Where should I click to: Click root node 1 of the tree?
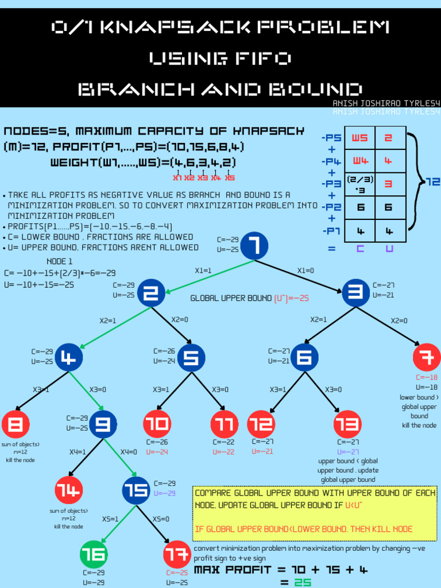click(254, 246)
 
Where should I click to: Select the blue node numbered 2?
click(151, 293)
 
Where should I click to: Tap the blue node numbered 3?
click(356, 293)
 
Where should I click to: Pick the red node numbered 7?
click(427, 357)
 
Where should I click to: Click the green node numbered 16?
click(94, 554)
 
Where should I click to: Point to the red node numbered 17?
click(177, 554)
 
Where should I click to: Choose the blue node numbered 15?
click(136, 490)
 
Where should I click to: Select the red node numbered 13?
click(347, 424)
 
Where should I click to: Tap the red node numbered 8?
click(16, 424)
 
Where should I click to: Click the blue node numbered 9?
click(103, 424)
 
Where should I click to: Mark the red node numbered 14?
click(69, 490)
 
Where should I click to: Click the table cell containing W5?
click(359, 138)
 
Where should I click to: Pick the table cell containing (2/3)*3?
click(359, 184)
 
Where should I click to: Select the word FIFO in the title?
click(220, 58)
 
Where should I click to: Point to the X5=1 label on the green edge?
click(110, 519)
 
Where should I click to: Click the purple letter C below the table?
click(360, 249)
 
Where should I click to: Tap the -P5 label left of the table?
click(331, 138)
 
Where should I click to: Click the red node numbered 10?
click(157, 424)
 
